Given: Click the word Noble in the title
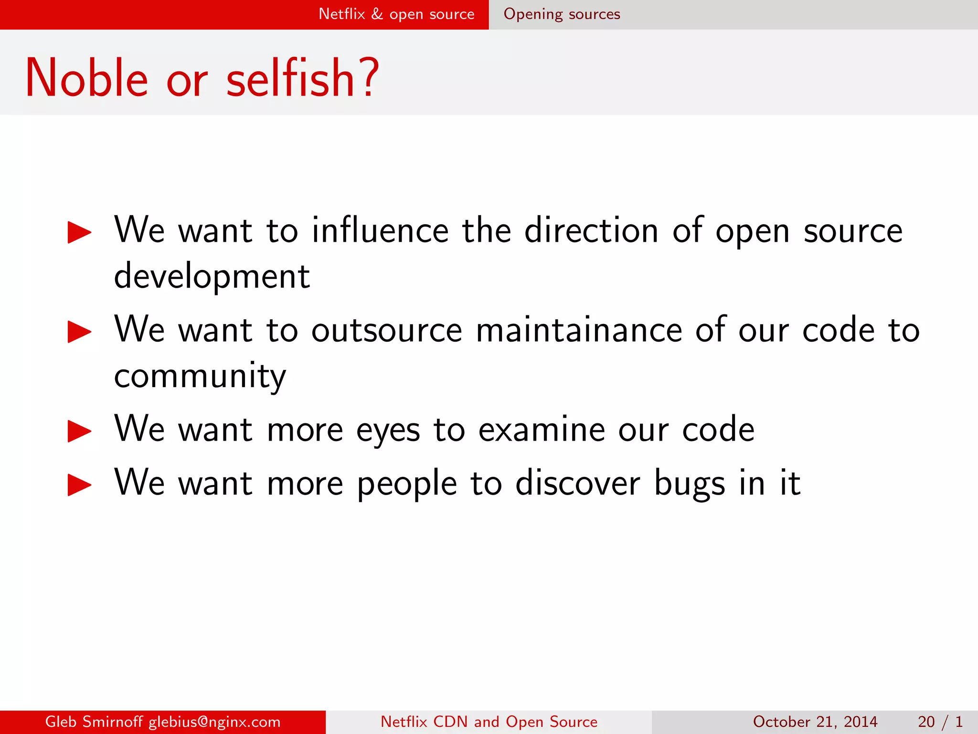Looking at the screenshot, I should click(x=86, y=78).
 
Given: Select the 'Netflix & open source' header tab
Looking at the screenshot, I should click(x=396, y=14).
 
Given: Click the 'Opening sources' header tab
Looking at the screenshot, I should click(x=562, y=14).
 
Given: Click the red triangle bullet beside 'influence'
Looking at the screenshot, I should click(x=79, y=232).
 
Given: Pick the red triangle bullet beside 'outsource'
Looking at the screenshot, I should click(x=79, y=332).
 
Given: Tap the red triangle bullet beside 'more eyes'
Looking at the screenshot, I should click(x=79, y=431).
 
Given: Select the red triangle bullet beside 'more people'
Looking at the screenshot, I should click(x=79, y=485).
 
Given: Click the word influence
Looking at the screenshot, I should click(x=380, y=230).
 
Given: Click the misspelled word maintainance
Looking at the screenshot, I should click(x=579, y=330).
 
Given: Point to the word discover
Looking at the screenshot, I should click(x=577, y=483).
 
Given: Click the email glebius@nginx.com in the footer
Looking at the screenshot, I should click(x=214, y=722).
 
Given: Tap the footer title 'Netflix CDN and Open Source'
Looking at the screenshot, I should click(x=489, y=722).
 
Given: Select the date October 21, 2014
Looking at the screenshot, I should click(x=815, y=722).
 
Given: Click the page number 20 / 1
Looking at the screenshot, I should click(x=940, y=722).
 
